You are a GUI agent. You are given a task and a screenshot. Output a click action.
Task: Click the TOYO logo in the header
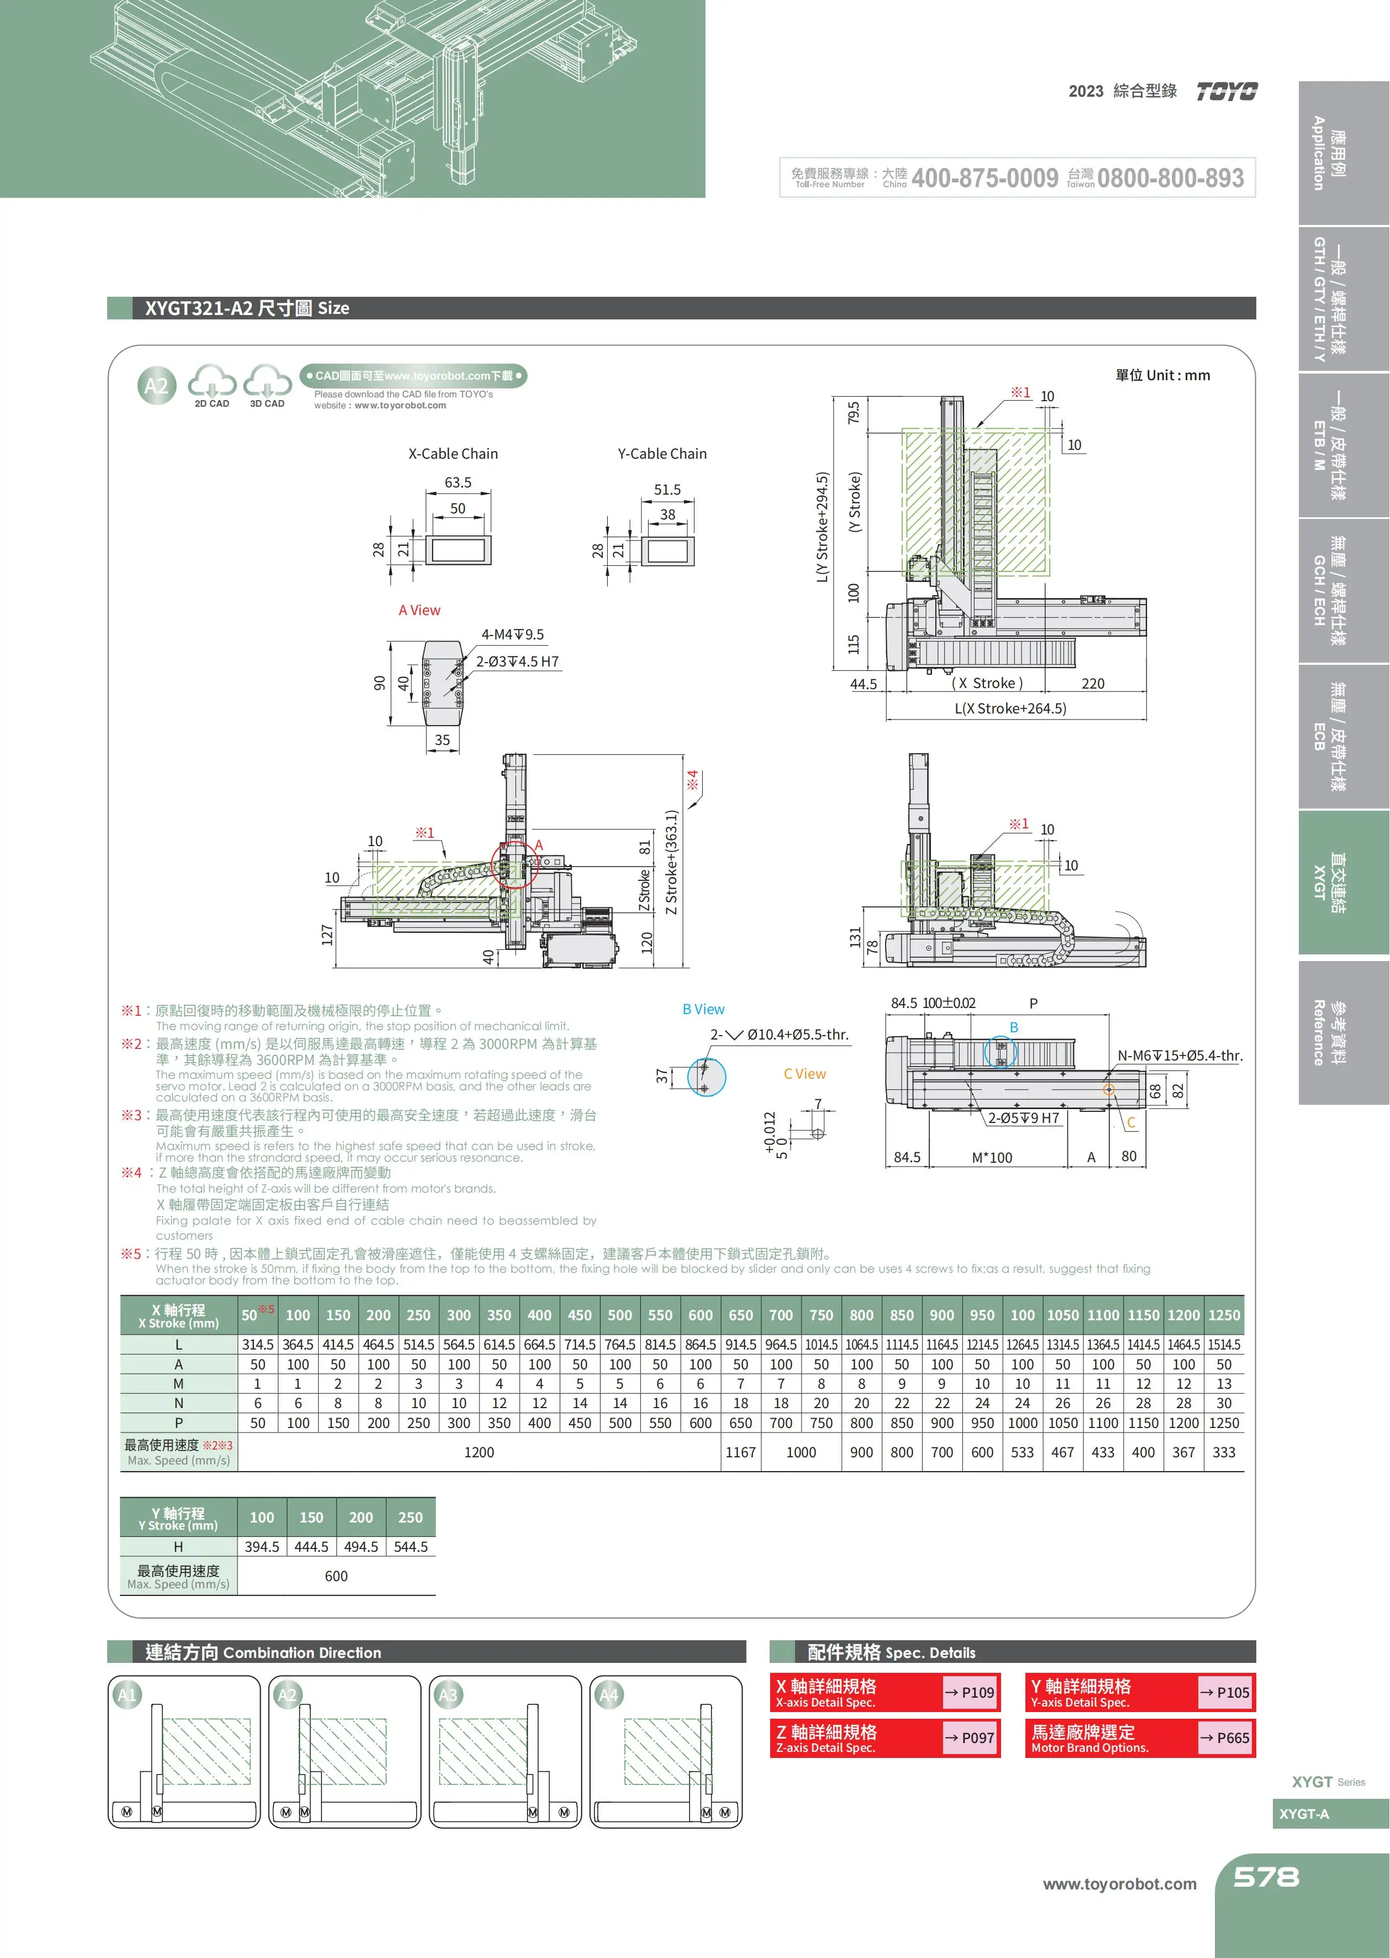pos(1226,92)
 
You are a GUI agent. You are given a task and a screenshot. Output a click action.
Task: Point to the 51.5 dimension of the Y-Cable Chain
pos(667,490)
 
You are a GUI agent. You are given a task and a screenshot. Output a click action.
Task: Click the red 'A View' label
pos(419,611)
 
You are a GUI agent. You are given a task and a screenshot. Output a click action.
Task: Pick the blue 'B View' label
pos(703,1009)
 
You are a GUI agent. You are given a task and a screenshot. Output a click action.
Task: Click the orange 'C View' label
pos(804,1074)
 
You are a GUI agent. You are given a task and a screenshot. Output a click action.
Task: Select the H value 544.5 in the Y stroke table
pos(411,1547)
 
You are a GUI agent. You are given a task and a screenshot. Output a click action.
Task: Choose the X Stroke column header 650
pos(740,1315)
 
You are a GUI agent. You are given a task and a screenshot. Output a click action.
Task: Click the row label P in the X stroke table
pos(179,1423)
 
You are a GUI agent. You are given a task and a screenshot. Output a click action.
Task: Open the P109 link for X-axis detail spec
pos(971,1693)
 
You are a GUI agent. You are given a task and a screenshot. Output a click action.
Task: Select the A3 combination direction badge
pos(447,1694)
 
